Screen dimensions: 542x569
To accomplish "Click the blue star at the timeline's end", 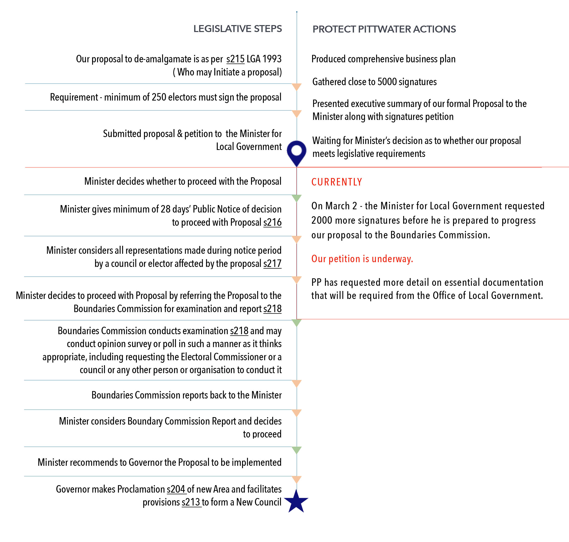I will pyautogui.click(x=296, y=502).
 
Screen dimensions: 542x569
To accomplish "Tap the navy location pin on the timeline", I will pyautogui.click(x=297, y=152).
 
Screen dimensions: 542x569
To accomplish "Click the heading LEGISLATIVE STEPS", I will pyautogui.click(x=237, y=29).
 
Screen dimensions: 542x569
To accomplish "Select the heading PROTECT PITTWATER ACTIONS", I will pyautogui.click(x=384, y=29).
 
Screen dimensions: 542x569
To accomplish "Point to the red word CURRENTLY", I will pyautogui.click(x=336, y=182).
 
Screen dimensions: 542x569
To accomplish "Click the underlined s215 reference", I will pyautogui.click(x=235, y=59).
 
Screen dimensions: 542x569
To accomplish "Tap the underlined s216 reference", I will pyautogui.click(x=272, y=222).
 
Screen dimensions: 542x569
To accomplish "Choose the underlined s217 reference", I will pyautogui.click(x=272, y=263).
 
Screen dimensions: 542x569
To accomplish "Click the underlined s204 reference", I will pyautogui.click(x=176, y=489).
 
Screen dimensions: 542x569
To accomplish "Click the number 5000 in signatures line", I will pyautogui.click(x=387, y=82).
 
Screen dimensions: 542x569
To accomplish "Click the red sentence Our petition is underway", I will pyautogui.click(x=362, y=259).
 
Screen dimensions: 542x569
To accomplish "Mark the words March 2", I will pyautogui.click(x=338, y=206).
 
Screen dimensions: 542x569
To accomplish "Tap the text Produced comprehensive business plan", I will pyautogui.click(x=383, y=59).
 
